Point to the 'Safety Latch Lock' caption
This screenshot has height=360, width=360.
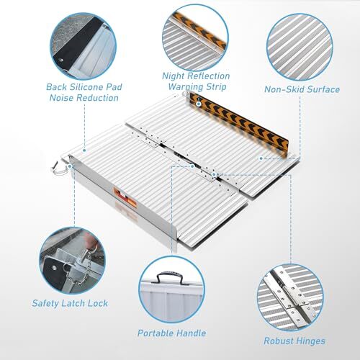(70, 304)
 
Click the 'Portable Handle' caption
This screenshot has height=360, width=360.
(171, 333)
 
